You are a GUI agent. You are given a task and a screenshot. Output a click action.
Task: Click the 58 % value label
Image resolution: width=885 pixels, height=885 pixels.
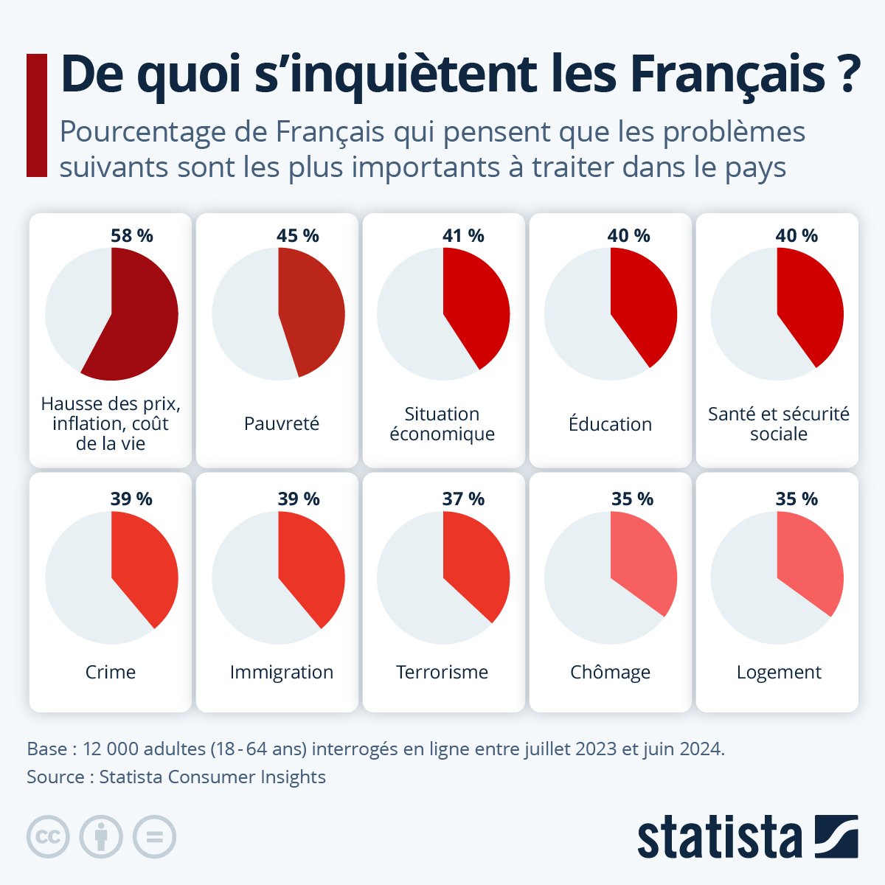(131, 236)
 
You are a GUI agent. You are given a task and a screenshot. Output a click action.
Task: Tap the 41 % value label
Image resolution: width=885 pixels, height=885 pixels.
(463, 236)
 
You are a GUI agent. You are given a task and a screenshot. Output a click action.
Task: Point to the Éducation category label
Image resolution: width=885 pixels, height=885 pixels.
(610, 424)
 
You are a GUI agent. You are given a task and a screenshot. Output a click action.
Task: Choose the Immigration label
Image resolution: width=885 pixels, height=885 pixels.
(281, 672)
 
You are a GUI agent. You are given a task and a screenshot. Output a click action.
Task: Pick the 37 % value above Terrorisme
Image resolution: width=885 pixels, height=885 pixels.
(463, 499)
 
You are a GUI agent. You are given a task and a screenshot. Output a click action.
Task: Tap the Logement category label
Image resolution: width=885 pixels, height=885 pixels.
(778, 672)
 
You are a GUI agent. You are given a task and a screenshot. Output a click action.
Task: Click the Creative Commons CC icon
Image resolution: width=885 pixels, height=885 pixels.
(48, 837)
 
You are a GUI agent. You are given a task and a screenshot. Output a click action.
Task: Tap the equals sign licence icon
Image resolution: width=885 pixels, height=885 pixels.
(154, 837)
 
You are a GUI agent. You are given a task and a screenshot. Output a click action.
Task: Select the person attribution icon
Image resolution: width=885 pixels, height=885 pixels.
(101, 837)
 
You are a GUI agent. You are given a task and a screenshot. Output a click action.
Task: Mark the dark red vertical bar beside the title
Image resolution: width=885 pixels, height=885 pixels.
(36, 115)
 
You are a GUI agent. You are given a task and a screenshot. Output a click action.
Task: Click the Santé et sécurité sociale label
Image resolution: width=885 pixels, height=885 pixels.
(778, 424)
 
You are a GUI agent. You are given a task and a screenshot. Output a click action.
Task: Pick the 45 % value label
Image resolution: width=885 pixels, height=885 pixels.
(298, 236)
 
